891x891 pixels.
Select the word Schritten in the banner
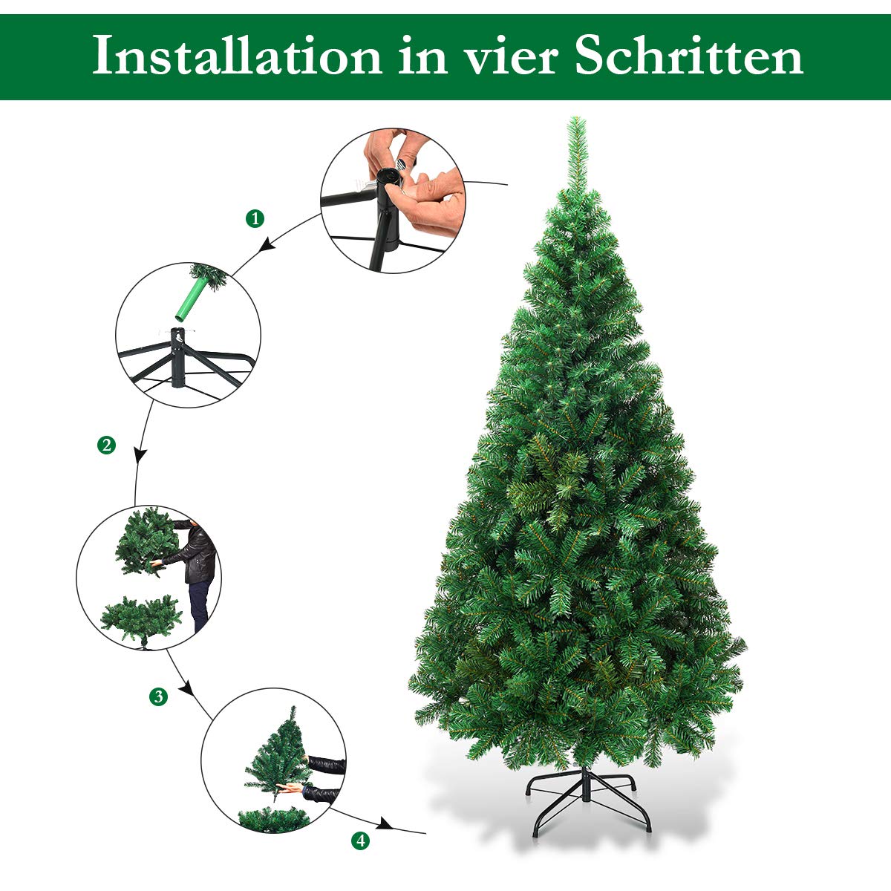point(688,57)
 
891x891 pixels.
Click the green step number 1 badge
point(255,218)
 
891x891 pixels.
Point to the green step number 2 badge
point(107,446)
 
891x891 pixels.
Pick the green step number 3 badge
point(158,697)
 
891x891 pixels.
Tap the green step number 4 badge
point(360,841)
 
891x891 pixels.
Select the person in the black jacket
point(197,572)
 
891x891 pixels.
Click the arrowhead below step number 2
point(139,454)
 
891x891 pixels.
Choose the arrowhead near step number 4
point(385,824)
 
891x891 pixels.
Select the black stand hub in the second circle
point(177,356)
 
